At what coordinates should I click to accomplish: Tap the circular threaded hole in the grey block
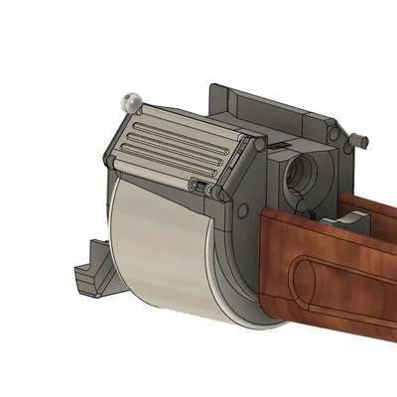(x=300, y=177)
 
